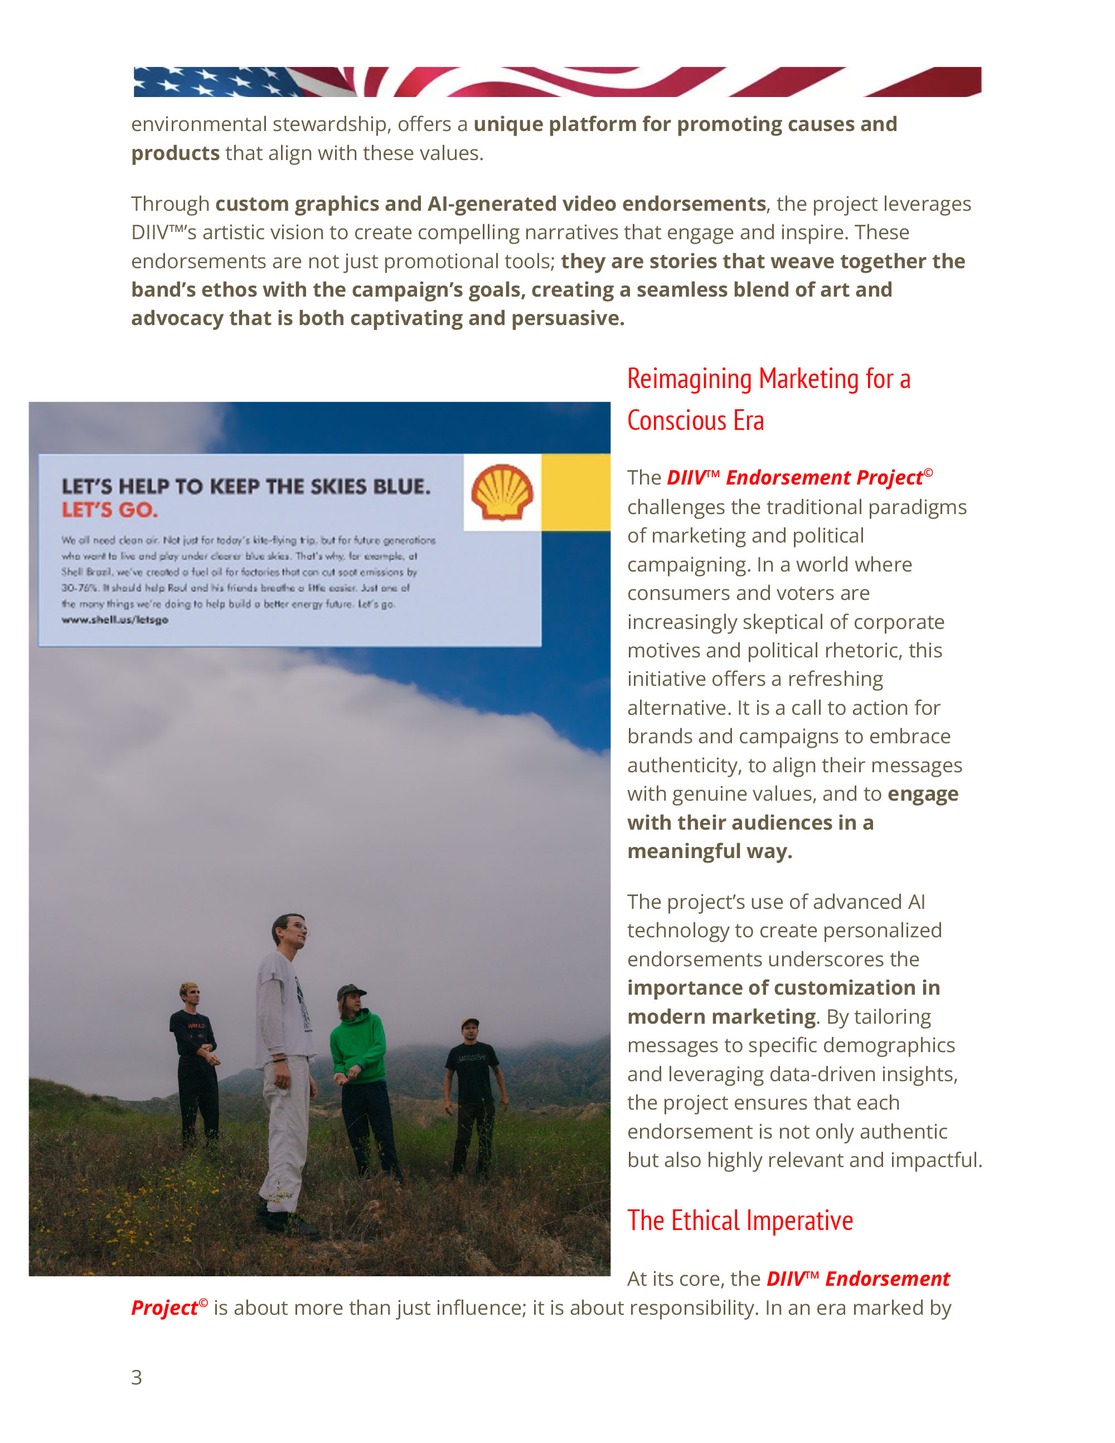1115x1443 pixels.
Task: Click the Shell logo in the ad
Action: [x=502, y=492]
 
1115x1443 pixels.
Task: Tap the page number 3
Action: [x=137, y=1377]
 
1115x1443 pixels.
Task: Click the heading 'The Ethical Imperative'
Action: [x=740, y=1221]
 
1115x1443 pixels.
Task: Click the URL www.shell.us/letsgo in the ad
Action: [x=115, y=620]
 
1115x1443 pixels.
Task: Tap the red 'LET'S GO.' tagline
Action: [x=110, y=510]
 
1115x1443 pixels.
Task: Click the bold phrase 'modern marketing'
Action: [x=721, y=1016]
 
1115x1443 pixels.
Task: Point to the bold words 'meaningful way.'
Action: [x=710, y=851]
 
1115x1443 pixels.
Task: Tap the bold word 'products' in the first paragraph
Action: [x=175, y=153]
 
